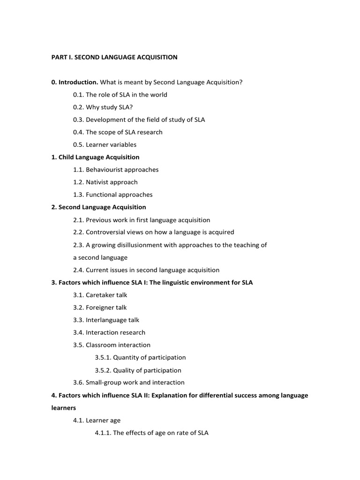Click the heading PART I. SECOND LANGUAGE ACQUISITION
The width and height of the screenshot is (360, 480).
click(x=114, y=57)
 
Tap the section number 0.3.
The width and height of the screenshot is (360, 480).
click(x=78, y=120)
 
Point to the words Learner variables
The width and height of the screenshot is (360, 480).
click(x=111, y=144)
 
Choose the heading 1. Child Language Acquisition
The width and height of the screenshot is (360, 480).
click(x=95, y=157)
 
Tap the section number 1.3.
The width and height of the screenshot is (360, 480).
click(x=78, y=195)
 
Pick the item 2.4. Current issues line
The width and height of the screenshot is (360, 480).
click(x=146, y=270)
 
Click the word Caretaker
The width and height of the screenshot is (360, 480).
click(x=100, y=295)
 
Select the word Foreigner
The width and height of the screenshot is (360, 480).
click(x=100, y=307)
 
